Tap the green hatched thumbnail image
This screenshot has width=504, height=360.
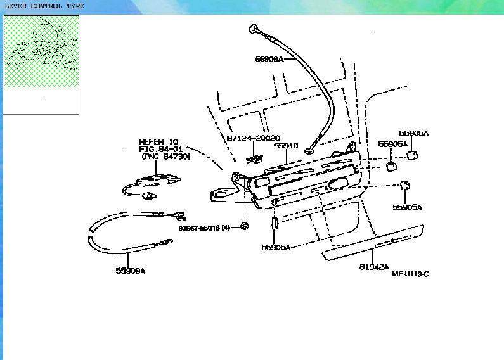(41, 51)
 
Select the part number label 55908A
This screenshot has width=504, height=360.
(269, 59)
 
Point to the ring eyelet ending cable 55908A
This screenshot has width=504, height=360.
(311, 150)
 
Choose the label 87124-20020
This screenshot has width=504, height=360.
(252, 138)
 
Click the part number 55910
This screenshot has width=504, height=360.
(286, 146)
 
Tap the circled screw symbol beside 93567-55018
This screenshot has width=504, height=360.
(245, 227)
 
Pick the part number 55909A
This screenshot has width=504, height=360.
(131, 271)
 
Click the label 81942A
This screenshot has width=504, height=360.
(374, 267)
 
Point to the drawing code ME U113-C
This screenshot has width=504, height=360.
(410, 274)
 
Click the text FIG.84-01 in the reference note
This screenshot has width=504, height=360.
(160, 149)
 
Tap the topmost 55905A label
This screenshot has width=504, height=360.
(413, 134)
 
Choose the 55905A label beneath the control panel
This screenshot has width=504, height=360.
(276, 247)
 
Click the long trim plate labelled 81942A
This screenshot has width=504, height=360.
(373, 243)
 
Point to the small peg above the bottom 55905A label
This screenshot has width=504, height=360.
(275, 225)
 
